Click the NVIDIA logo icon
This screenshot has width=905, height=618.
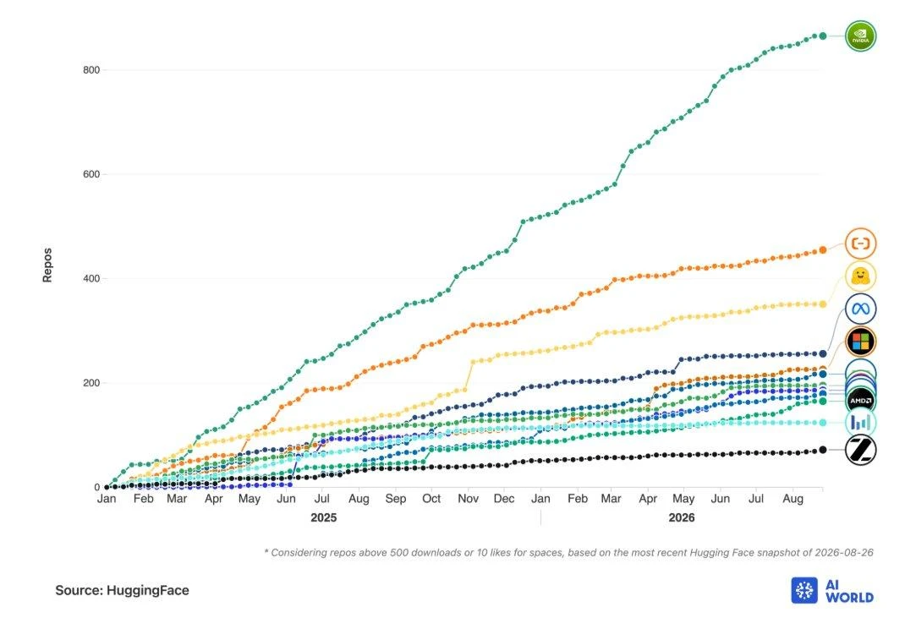[x=860, y=36]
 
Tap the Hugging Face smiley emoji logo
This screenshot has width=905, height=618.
[x=860, y=276]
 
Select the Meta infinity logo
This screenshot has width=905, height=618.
[x=860, y=309]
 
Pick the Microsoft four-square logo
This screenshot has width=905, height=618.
[x=860, y=341]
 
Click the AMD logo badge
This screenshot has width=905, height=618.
[x=860, y=401]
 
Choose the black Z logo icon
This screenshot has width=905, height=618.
[x=860, y=450]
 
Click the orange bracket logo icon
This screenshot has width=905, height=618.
[x=860, y=243]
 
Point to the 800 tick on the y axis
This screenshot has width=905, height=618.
[x=91, y=70]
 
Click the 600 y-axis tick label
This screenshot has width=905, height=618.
[x=91, y=174]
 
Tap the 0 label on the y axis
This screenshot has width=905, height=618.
[x=97, y=487]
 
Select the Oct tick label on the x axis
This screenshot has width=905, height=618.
[x=431, y=499]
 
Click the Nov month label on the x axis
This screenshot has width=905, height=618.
[x=468, y=499]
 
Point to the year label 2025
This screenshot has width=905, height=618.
[x=323, y=517]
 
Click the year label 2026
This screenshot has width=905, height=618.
[x=682, y=517]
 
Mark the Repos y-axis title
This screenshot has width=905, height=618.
[x=47, y=265]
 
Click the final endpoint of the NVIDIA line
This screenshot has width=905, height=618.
[x=822, y=36]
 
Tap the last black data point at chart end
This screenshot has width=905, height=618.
[x=822, y=450]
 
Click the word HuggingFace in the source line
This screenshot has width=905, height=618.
[x=148, y=590]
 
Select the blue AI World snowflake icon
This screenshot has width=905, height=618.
[x=804, y=590]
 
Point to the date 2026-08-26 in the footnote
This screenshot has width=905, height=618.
[x=844, y=552]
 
